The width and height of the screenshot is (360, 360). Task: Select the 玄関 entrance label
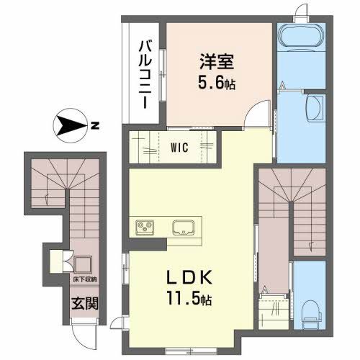coord(81,301)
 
